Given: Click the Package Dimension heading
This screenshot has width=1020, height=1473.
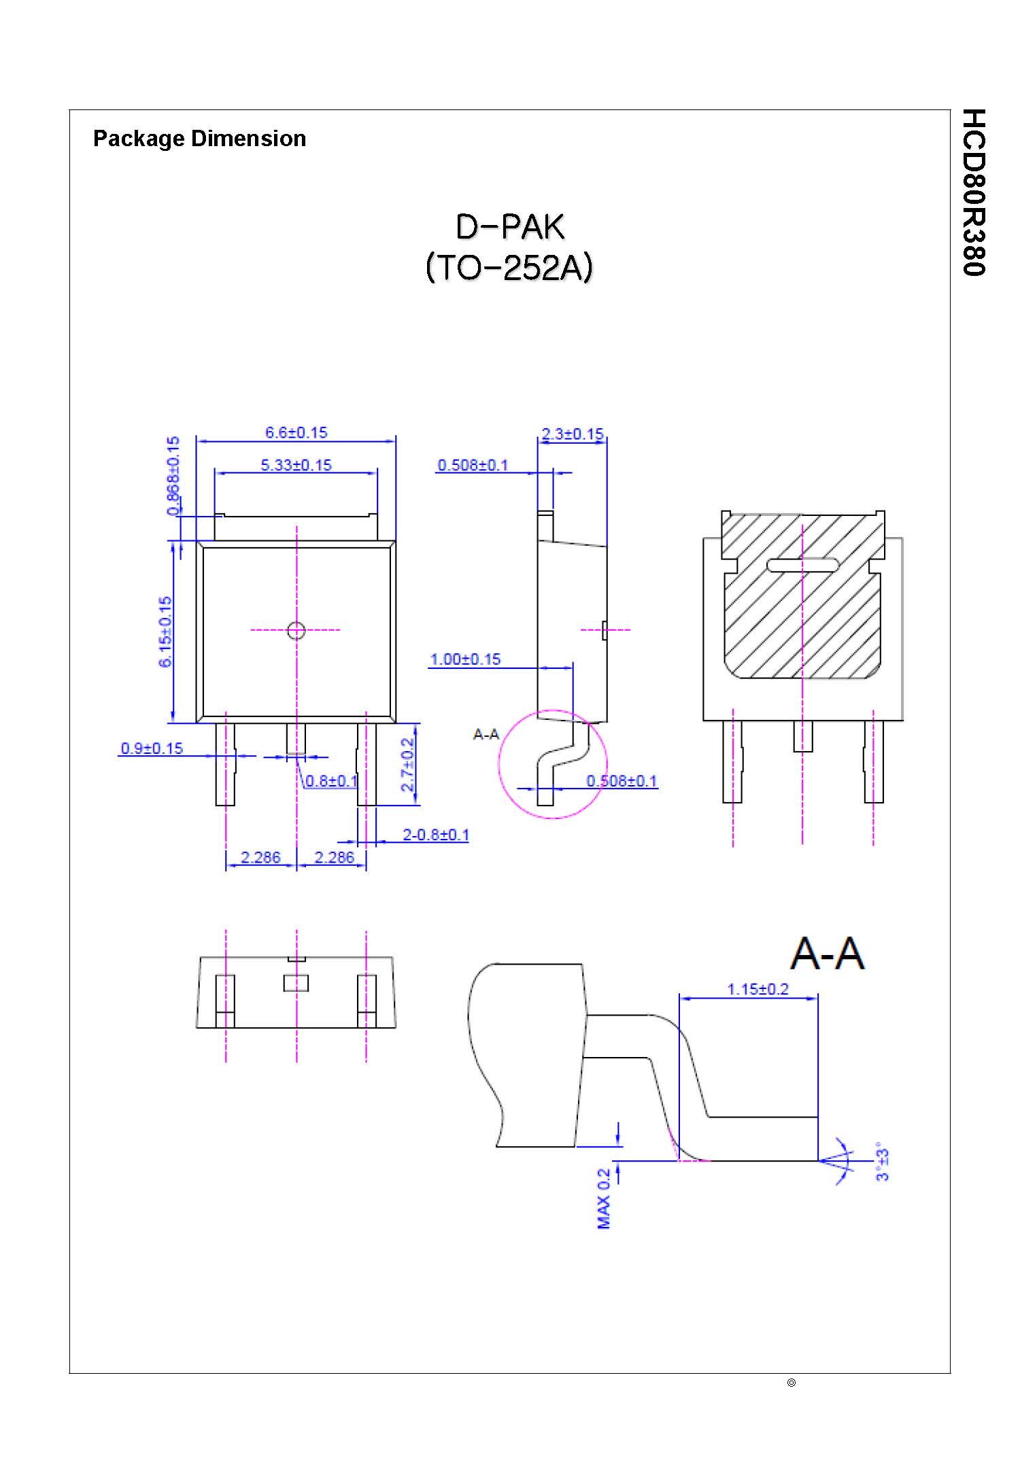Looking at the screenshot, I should [x=199, y=139].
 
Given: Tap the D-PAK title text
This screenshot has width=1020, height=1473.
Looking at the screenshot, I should [x=509, y=227].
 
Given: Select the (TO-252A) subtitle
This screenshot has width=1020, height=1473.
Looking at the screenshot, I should [x=509, y=267].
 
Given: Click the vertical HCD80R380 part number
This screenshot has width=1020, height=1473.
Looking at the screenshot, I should [x=974, y=192].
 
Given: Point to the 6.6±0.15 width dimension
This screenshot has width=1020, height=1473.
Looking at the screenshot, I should [x=296, y=432].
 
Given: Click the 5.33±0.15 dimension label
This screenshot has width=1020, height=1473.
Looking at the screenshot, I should [x=296, y=465].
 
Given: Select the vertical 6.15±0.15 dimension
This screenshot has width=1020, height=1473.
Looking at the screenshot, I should [x=165, y=631].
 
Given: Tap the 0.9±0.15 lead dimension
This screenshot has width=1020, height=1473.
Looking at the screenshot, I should [x=152, y=748].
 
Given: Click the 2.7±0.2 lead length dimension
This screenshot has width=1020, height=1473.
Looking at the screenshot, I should [x=407, y=765].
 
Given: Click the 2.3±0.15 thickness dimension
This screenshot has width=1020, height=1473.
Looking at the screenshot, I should [x=573, y=434].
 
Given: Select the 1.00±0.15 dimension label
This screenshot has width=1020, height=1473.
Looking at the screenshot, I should [x=465, y=659].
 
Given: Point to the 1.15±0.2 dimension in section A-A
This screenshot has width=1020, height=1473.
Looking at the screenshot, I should [x=758, y=989].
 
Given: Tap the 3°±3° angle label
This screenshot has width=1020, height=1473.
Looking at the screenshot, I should [x=882, y=1162].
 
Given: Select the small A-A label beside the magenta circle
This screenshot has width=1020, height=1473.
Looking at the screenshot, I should [x=486, y=734].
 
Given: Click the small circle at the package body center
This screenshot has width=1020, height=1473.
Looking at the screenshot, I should [x=296, y=631].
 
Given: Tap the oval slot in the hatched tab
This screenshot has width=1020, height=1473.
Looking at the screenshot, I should [x=802, y=565].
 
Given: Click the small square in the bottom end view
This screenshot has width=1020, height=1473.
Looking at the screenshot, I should [x=296, y=983].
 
